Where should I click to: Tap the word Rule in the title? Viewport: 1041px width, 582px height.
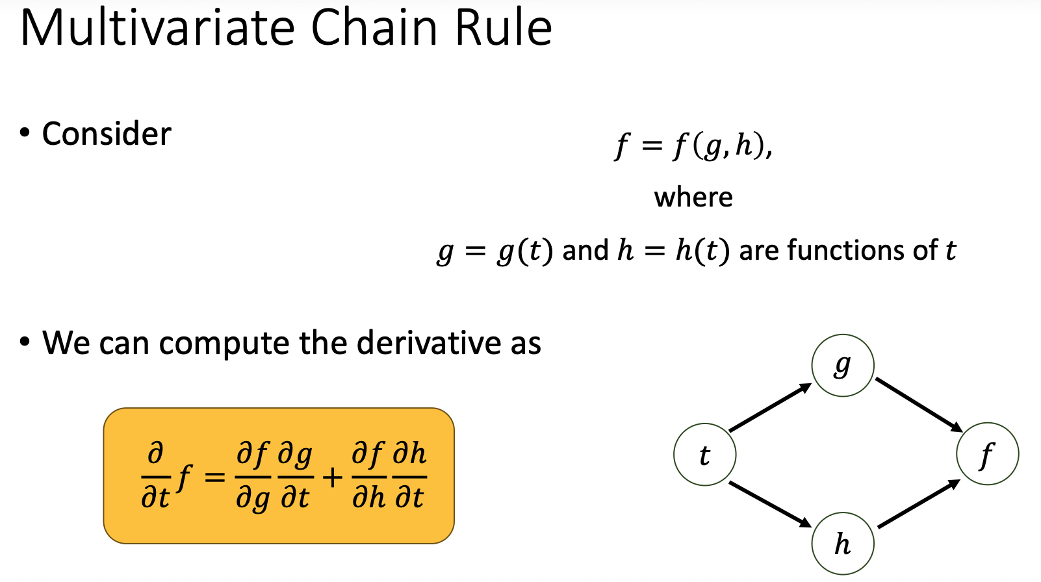(503, 29)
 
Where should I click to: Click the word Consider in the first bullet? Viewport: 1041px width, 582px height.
(107, 134)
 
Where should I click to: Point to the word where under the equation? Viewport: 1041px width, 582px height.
(693, 197)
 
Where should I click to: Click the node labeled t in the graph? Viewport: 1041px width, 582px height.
(705, 455)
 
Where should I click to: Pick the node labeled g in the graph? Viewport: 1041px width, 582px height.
(843, 365)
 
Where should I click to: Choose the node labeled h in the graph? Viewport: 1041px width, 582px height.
(843, 544)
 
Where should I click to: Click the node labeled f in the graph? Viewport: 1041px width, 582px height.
(987, 453)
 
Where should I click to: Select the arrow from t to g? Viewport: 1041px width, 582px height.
(771, 407)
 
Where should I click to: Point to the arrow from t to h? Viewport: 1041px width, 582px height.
(771, 505)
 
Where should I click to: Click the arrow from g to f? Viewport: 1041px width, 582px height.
(919, 405)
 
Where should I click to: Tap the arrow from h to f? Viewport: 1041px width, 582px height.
(919, 503)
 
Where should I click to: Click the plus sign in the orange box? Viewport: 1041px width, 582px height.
(332, 478)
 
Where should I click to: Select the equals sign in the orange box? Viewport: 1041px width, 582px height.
(214, 478)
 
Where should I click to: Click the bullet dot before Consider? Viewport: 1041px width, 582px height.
(25, 133)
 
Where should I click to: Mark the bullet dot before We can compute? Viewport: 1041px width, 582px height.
(25, 342)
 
